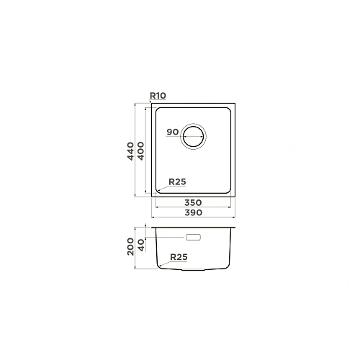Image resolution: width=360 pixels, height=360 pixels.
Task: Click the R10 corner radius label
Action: tap(158, 96)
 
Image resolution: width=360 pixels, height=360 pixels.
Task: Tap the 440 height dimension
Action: tap(130, 151)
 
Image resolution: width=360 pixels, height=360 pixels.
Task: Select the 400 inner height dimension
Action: tap(140, 151)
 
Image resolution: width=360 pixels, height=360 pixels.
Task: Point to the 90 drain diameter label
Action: tap(173, 132)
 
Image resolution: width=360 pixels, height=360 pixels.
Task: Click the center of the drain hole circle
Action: tap(193, 137)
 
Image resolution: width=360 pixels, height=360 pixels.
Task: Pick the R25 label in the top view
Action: tap(177, 181)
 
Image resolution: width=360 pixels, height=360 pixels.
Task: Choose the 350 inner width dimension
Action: tap(193, 202)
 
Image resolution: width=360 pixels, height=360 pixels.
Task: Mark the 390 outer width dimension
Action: tap(193, 212)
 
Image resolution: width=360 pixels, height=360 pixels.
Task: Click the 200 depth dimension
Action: tap(130, 246)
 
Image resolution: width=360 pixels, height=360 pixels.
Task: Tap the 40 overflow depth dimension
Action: tap(142, 245)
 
